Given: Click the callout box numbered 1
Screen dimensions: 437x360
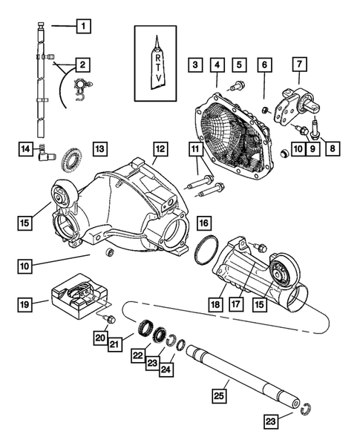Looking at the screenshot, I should pyautogui.click(x=84, y=27).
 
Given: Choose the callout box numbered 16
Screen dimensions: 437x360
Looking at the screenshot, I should pyautogui.click(x=203, y=222).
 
